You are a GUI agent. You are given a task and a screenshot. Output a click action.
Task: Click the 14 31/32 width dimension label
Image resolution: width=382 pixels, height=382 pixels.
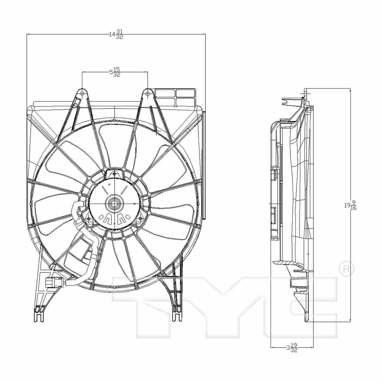[x=116, y=34]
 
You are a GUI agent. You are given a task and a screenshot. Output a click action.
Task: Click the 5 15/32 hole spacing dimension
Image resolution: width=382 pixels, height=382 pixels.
[x=115, y=72]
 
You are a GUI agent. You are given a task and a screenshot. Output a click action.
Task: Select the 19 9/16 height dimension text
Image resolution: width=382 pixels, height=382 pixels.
[x=350, y=205]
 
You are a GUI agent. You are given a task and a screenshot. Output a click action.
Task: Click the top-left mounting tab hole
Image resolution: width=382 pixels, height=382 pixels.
[x=82, y=94]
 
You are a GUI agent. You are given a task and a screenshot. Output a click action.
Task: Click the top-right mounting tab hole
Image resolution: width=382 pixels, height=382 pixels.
[x=148, y=94]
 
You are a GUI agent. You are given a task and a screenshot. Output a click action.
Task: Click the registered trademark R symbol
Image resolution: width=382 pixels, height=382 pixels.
[x=346, y=269]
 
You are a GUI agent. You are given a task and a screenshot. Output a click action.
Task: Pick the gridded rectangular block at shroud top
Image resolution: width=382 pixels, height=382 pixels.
[x=176, y=97]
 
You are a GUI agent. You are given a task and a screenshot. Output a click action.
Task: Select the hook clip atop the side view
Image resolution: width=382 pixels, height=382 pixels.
[x=286, y=102]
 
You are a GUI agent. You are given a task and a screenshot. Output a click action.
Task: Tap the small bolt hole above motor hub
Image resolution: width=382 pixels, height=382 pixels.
[x=114, y=174]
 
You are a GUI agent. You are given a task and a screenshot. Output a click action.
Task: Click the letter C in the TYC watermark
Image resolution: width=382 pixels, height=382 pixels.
[x=306, y=306]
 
